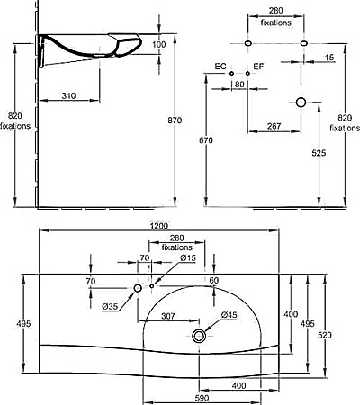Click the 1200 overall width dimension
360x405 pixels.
(159, 226)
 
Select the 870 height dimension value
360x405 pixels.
(175, 121)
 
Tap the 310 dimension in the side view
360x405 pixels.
(68, 96)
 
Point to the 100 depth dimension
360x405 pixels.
(159, 44)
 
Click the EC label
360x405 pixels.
(220, 67)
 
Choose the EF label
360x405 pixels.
(258, 67)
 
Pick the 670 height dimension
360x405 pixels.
(206, 140)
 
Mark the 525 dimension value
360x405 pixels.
(319, 153)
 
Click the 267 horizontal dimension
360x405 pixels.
(274, 126)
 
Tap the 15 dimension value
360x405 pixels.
(329, 57)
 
